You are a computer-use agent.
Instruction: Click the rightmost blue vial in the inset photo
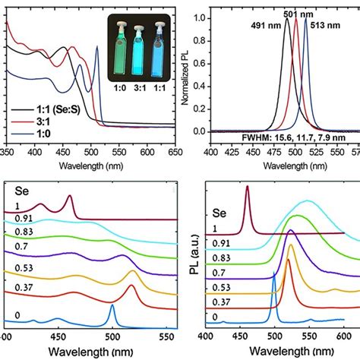pyautogui.click(x=159, y=45)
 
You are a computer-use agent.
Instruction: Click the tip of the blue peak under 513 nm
pyautogui.click(x=305, y=19)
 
